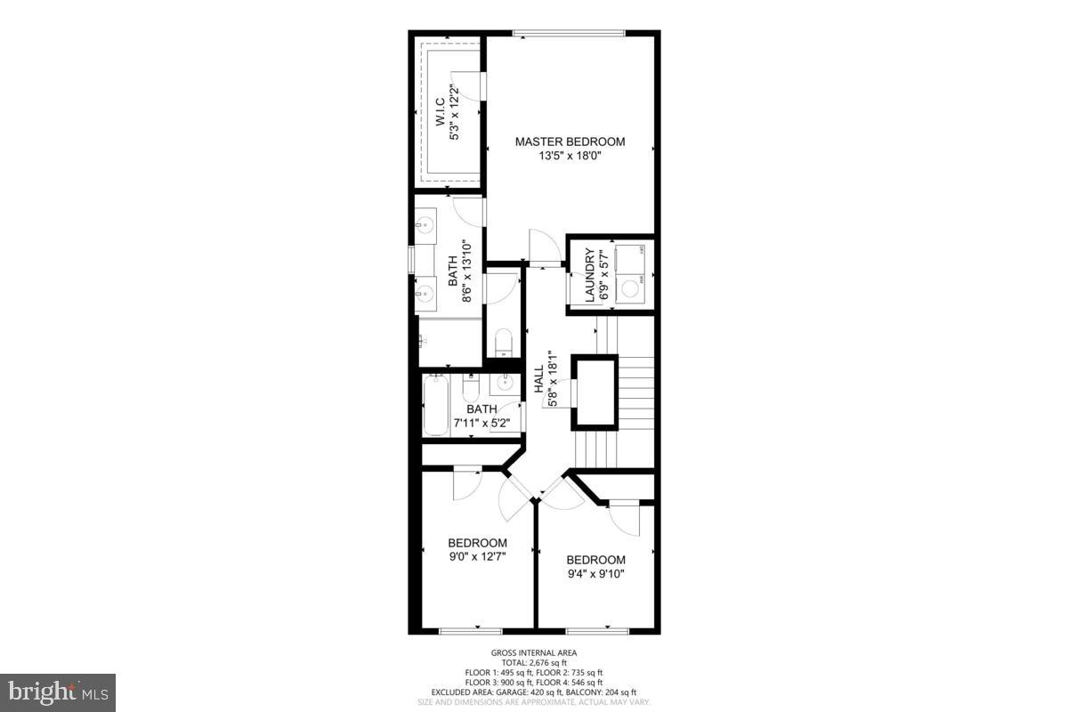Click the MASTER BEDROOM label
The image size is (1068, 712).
(570, 142)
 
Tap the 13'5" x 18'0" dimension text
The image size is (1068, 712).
(570, 156)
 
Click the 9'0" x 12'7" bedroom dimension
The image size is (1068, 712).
(477, 559)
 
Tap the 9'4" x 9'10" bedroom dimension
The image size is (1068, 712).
(595, 574)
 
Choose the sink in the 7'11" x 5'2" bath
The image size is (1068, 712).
(504, 384)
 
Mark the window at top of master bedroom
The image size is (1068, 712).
(569, 35)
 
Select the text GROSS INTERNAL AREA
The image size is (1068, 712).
(534, 653)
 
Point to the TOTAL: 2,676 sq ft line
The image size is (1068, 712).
(534, 663)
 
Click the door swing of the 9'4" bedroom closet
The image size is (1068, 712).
(627, 518)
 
